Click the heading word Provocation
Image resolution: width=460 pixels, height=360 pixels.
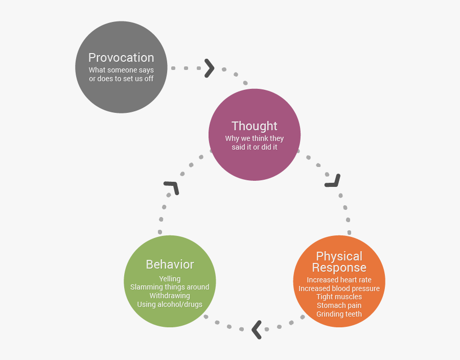pos(121,58)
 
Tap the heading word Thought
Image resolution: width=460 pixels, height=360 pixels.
pos(255,126)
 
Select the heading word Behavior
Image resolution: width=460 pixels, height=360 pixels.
pos(170,265)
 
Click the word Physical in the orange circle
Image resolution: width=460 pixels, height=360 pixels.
pos(339,256)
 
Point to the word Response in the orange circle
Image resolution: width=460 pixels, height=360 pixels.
pos(339,268)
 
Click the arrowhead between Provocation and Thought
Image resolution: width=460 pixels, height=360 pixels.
pos(209,68)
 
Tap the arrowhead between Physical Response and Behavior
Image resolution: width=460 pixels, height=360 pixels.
pos(257,329)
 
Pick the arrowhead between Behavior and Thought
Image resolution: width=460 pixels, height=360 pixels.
pos(172,187)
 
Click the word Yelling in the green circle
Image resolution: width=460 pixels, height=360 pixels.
pos(170,279)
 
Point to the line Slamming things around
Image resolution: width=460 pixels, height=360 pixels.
pos(170,287)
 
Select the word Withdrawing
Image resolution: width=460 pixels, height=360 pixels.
pos(170,296)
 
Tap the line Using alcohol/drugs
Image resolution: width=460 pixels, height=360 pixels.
pos(170,304)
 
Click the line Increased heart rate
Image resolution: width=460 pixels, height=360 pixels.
pos(339,280)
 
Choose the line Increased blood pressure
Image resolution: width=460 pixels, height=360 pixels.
pos(339,289)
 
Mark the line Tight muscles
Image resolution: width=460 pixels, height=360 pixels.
pos(339,297)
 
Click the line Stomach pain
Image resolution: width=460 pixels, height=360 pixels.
pos(339,305)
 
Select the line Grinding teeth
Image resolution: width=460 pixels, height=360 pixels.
pos(339,314)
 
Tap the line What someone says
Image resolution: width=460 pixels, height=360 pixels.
pos(121,70)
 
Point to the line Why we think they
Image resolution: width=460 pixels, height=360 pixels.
pos(255,138)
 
